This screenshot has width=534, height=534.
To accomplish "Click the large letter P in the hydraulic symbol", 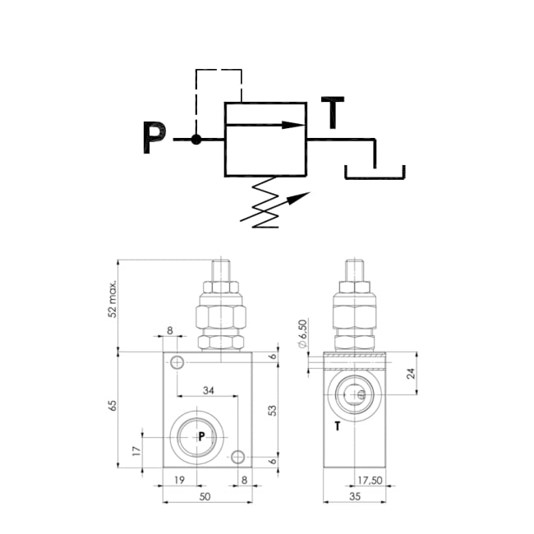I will pos(154,138).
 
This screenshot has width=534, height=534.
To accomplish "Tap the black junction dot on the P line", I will pos(196,140).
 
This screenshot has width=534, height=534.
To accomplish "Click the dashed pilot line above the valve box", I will pos(218,72).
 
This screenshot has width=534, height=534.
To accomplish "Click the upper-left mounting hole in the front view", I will pos(176,361).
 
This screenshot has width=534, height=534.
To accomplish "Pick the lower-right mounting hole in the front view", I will pos(238,457).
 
